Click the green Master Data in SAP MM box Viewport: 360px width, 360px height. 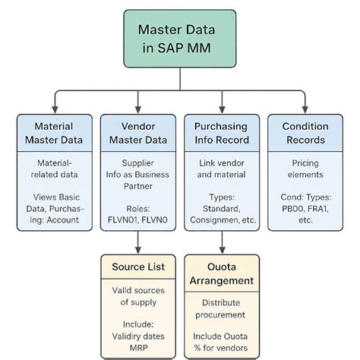tap(179, 39)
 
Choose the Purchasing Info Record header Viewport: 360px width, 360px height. tap(221, 132)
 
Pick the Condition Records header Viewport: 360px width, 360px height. tap(305, 132)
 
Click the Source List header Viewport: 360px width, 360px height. tap(137, 267)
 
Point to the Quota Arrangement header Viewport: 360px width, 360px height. tap(221, 274)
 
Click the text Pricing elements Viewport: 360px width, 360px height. tap(305, 169)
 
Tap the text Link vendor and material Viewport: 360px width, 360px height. tap(221, 169)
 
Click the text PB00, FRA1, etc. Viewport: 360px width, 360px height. tap(305, 214)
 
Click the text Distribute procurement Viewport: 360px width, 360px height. tap(221, 309)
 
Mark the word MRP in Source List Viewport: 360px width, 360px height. tap(137, 346)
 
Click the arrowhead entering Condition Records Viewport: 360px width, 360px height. tap(305, 108)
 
